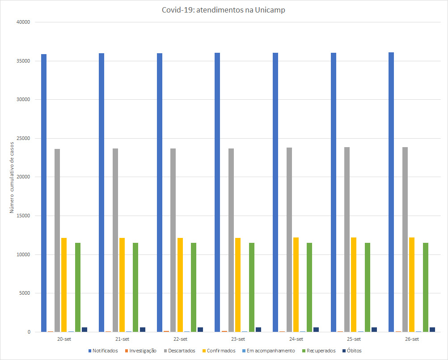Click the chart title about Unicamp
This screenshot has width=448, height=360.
pyautogui.click(x=224, y=10)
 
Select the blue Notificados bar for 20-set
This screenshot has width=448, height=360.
pyautogui.click(x=44, y=192)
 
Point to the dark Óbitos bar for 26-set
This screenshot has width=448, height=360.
pyautogui.click(x=432, y=330)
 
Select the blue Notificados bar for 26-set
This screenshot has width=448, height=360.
pyautogui.click(x=391, y=192)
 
